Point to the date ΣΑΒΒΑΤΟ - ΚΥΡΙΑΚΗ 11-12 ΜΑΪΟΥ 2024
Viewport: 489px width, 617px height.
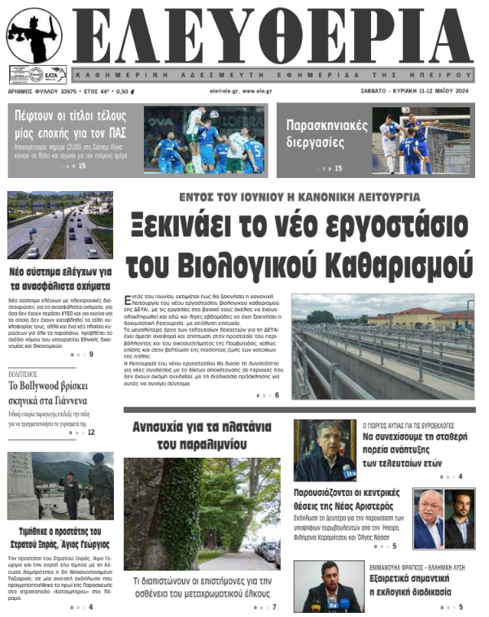point(415,91)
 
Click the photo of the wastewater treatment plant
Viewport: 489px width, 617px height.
point(382,345)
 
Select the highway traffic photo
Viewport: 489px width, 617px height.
point(59,225)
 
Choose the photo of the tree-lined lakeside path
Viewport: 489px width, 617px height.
point(201,514)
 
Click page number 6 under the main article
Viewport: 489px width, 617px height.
point(277,395)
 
